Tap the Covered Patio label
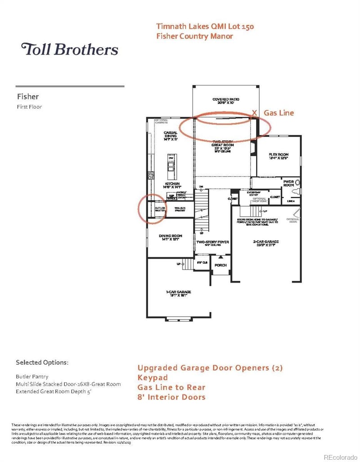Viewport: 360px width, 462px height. tap(225, 101)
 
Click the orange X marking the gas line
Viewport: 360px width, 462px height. tap(255, 112)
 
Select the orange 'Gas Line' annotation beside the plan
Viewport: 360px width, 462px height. tap(279, 113)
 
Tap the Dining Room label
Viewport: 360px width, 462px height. tap(170, 237)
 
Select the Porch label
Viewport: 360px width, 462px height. tap(220, 265)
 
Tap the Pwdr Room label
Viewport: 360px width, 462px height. tap(288, 183)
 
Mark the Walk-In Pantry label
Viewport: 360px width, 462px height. tap(180, 209)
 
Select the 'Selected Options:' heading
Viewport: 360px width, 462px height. tap(42, 362)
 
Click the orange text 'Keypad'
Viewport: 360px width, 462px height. tap(153, 377)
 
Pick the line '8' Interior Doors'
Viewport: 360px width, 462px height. tap(171, 397)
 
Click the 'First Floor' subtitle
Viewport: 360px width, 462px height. tap(29, 107)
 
